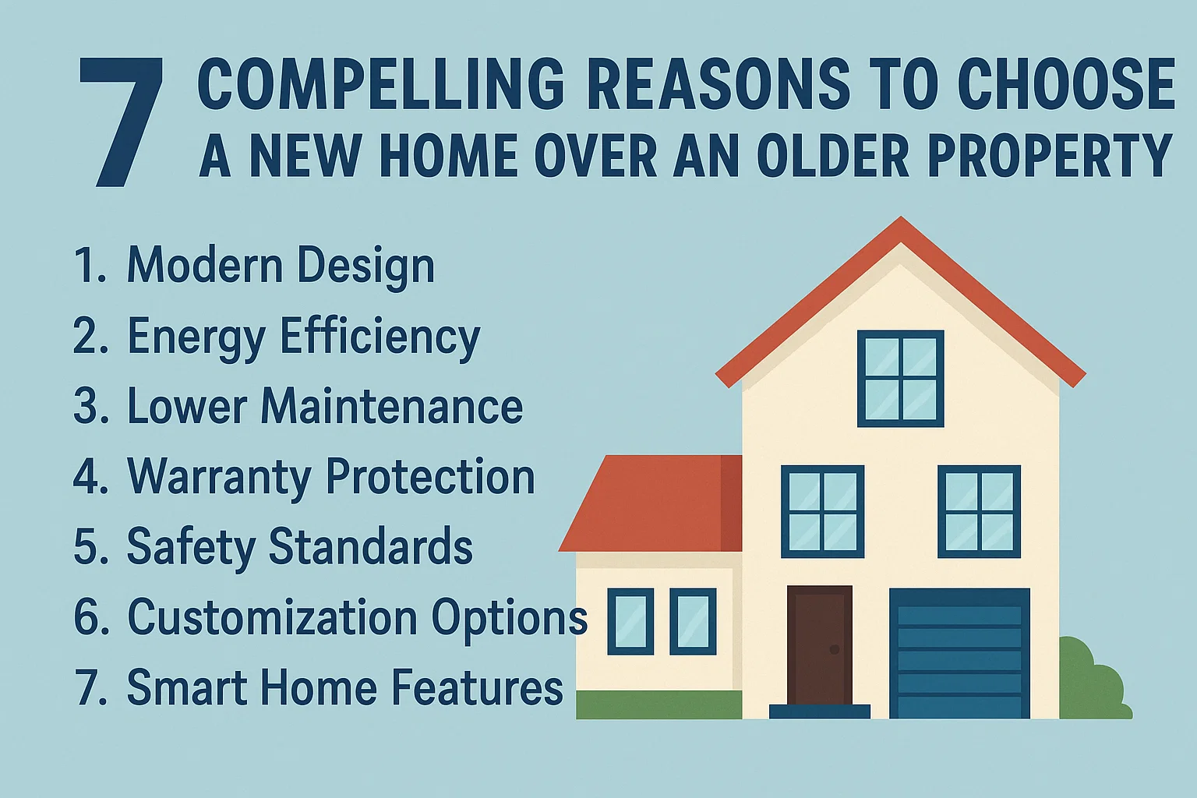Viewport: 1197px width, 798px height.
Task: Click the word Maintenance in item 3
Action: [391, 407]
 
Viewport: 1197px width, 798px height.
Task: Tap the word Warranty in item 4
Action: [219, 477]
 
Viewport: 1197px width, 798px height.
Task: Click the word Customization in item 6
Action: [273, 617]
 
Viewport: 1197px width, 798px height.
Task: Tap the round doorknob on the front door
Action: [835, 649]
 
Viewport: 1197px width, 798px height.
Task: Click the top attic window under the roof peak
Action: [900, 379]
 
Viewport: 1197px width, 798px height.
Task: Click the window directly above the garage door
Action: [979, 511]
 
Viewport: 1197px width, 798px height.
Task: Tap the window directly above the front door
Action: [822, 511]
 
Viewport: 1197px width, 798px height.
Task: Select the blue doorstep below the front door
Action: [819, 711]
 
